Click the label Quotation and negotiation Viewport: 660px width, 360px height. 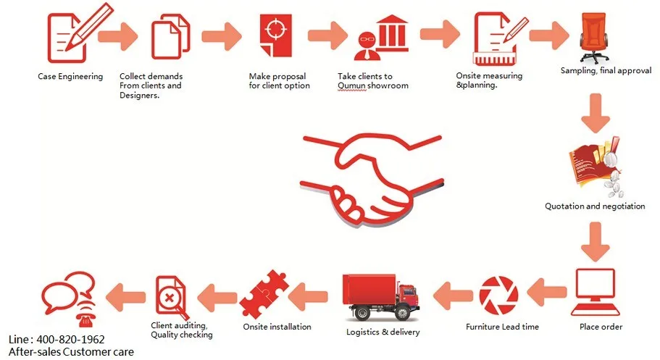[595, 206]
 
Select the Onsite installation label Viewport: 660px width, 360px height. [277, 327]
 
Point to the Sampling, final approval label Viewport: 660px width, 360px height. [606, 71]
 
